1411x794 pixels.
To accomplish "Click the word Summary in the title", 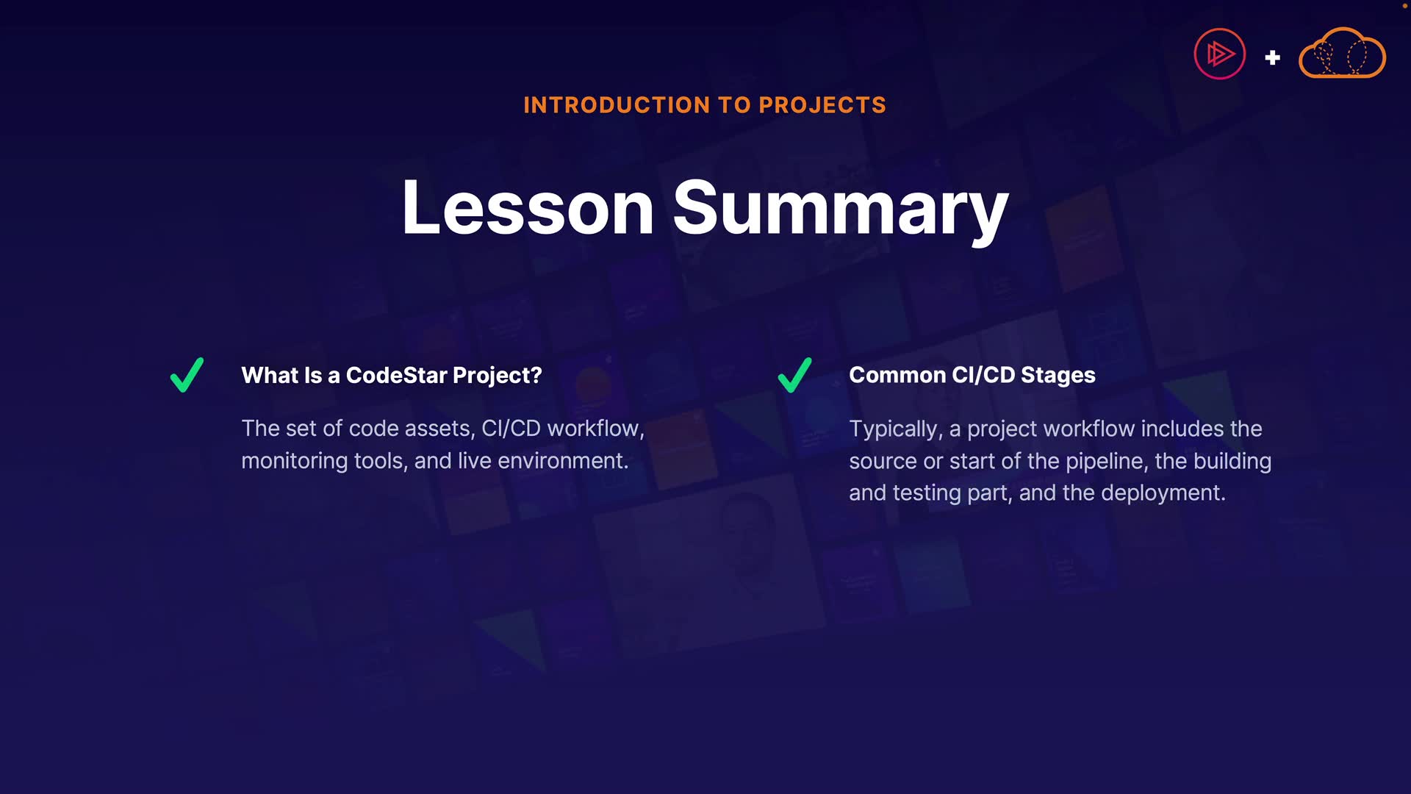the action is point(841,211).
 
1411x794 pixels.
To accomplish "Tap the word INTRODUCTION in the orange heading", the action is point(617,105).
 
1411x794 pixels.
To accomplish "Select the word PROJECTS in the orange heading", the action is point(822,105).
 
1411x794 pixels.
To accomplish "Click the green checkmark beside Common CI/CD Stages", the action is point(794,376).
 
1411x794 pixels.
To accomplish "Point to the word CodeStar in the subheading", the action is point(397,375).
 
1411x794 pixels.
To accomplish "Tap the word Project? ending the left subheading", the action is point(498,376).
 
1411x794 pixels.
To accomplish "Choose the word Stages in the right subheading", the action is point(1058,376).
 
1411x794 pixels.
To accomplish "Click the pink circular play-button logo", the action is point(1220,54).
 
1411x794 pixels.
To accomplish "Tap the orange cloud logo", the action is point(1343,53).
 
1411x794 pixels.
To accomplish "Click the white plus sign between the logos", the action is point(1273,57).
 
